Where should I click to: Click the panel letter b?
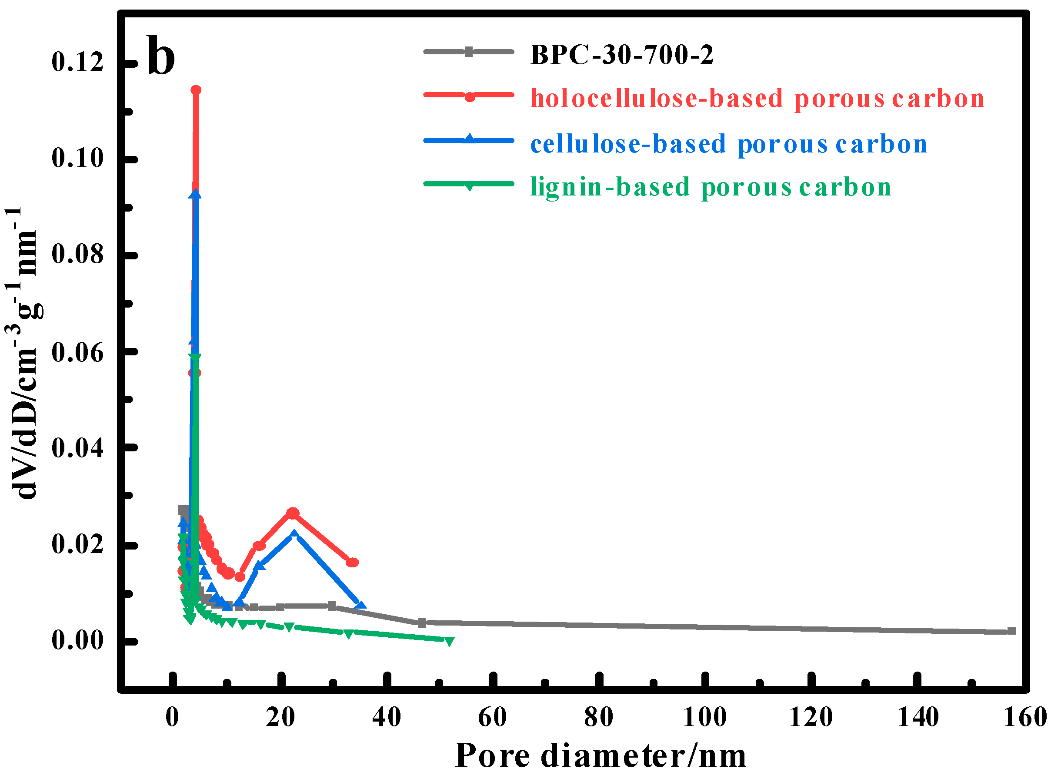(161, 56)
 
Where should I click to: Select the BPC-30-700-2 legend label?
(622, 55)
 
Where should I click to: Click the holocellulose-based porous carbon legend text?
(757, 99)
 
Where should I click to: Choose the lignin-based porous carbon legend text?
(711, 187)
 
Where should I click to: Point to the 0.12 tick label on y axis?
(77, 62)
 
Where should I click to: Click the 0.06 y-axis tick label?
(77, 352)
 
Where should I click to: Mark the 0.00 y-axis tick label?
(77, 640)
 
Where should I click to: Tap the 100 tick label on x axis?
(704, 717)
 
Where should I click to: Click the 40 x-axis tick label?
(387, 717)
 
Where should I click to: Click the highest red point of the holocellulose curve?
(196, 90)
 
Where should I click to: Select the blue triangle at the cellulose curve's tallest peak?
(195, 194)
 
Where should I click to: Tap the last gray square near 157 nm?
(1011, 631)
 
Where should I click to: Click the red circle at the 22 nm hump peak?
(293, 513)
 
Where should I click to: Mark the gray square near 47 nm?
(422, 623)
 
